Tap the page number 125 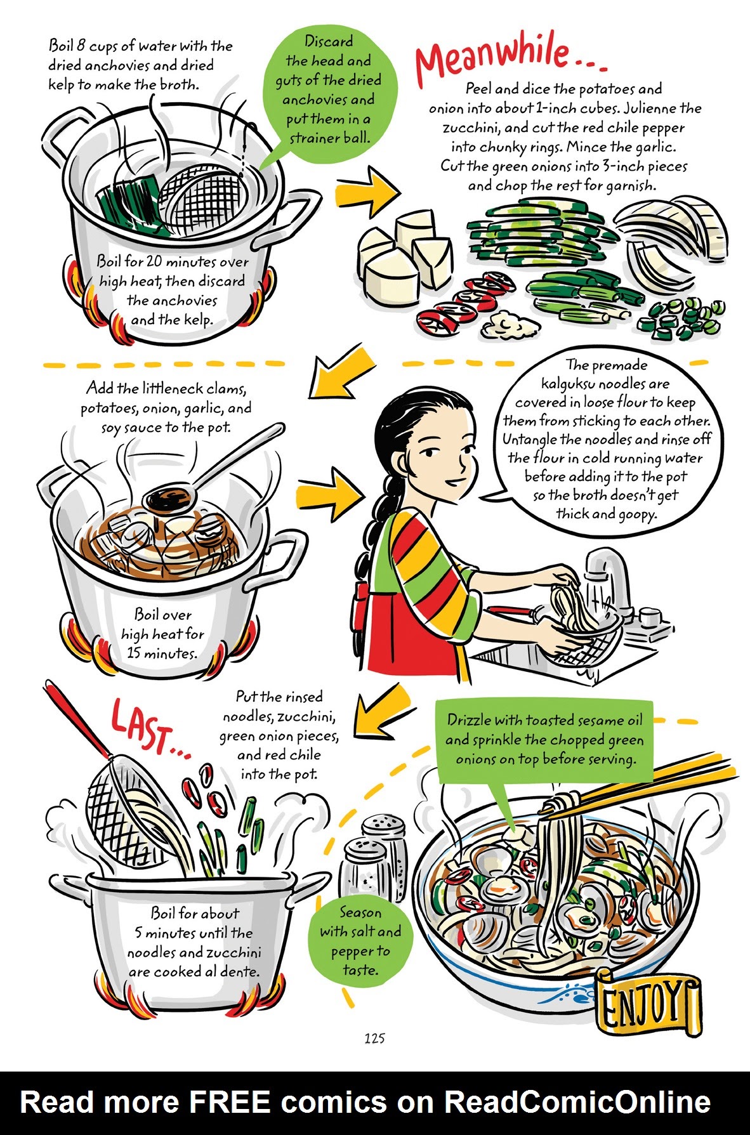coord(374,1039)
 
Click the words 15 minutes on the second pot coord(161,653)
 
